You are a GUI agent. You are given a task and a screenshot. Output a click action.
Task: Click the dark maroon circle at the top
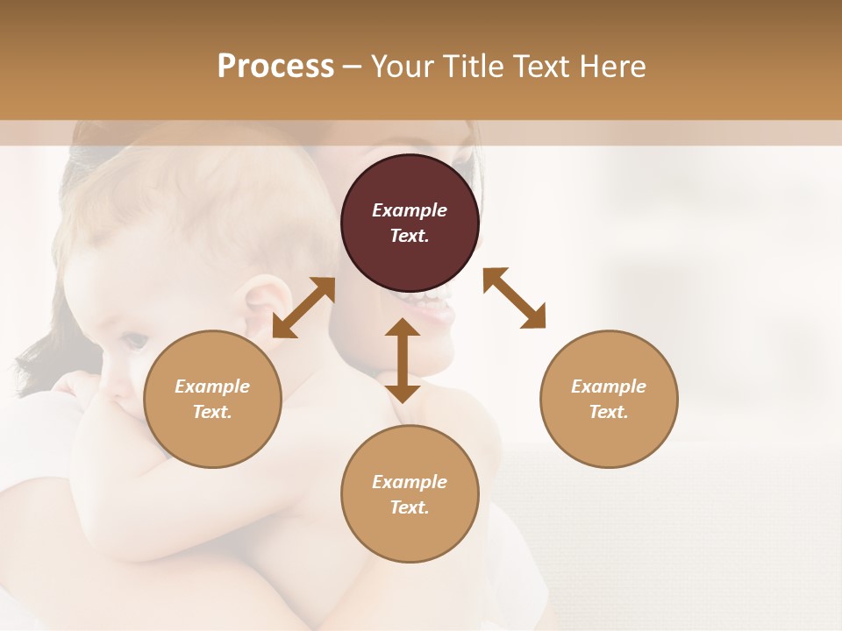410,223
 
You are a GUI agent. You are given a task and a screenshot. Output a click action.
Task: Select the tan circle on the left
212,399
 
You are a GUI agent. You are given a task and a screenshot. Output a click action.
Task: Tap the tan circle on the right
609,399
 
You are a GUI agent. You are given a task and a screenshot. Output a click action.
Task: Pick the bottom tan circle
410,494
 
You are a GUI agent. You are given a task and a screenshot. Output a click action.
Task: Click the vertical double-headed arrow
403,360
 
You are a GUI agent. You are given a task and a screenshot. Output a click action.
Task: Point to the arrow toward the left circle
303,308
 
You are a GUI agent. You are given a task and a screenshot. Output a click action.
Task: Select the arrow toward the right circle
515,298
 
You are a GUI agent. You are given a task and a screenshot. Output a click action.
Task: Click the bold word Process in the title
275,67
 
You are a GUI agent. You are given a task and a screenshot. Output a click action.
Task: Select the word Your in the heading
403,67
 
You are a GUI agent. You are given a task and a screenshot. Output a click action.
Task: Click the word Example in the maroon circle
410,210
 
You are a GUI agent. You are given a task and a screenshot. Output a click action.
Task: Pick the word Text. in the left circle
212,412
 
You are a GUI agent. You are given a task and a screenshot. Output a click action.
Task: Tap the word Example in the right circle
609,386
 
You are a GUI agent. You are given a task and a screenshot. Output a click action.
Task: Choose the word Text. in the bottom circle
410,507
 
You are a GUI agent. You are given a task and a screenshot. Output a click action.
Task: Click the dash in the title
353,67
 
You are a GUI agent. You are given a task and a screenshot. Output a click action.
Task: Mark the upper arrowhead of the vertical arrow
403,328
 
